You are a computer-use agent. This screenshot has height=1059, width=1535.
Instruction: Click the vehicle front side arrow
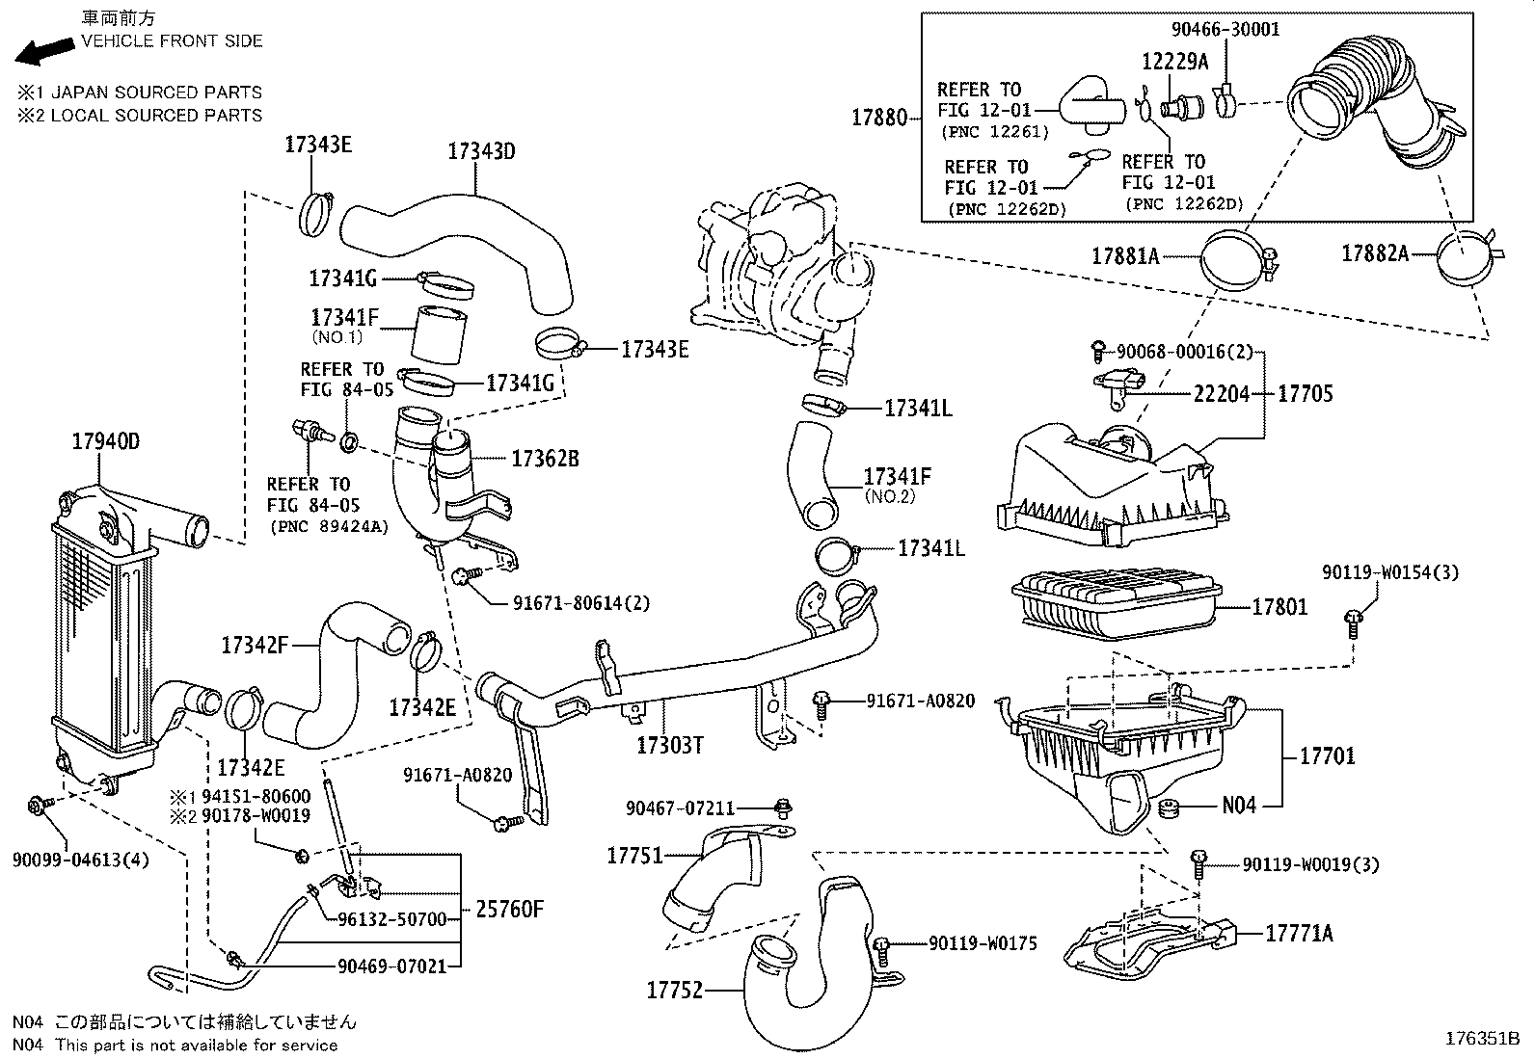tap(43, 50)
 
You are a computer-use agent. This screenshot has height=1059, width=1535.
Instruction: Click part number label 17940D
tap(105, 442)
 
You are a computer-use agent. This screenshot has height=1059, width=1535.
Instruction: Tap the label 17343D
tap(481, 151)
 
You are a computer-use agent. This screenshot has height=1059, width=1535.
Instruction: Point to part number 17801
tap(1279, 607)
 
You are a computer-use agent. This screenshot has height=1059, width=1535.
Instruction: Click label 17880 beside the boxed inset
tap(878, 118)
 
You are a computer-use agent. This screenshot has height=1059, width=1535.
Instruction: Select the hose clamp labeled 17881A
tap(1234, 258)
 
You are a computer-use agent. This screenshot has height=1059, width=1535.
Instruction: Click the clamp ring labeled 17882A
tap(1468, 255)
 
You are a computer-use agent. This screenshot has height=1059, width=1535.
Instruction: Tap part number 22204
tap(1221, 394)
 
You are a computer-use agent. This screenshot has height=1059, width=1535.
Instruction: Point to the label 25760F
tap(510, 909)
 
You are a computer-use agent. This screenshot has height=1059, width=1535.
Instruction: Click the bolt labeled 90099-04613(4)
tap(38, 805)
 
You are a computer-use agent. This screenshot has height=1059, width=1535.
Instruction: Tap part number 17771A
tap(1299, 933)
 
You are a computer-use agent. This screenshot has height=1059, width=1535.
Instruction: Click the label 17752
tap(674, 990)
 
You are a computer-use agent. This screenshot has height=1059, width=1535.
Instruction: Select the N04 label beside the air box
tap(1239, 806)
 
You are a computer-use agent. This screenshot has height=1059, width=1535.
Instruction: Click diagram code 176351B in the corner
tap(1481, 1039)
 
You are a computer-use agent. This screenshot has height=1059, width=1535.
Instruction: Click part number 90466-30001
tap(1225, 29)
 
